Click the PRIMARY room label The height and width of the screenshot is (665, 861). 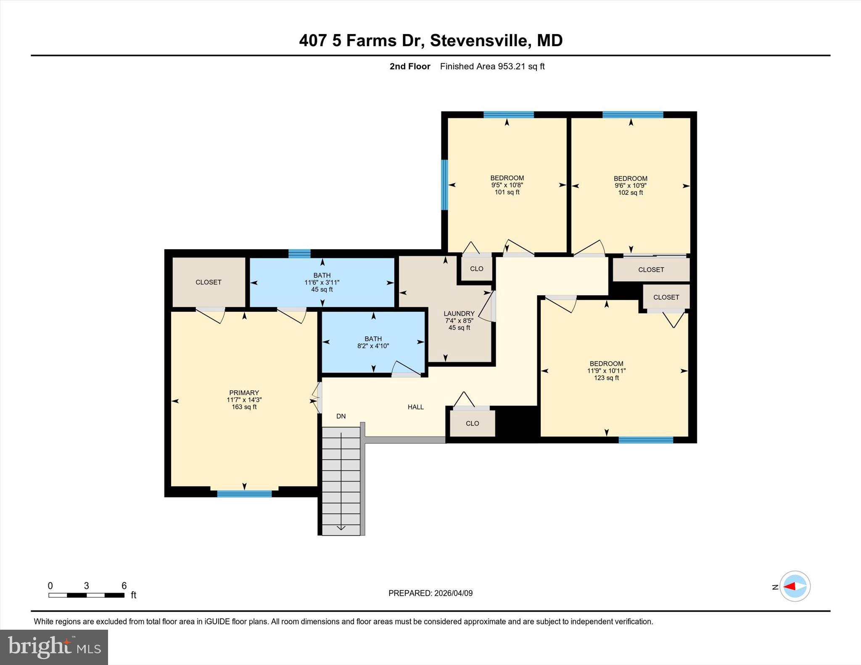tap(244, 393)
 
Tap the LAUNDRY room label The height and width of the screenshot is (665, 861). tap(459, 313)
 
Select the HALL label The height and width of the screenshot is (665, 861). tap(415, 407)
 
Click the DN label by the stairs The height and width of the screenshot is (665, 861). tap(341, 416)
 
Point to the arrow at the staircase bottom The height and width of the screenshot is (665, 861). tap(341, 527)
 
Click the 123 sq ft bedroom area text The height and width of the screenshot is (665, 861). tap(606, 378)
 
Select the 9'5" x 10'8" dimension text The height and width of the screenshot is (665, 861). tap(507, 185)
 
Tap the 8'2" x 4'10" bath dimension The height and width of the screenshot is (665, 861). tap(373, 346)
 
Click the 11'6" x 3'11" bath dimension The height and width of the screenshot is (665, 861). tap(322, 283)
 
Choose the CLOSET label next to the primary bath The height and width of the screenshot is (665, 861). tap(209, 282)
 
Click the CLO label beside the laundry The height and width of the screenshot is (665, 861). tap(476, 269)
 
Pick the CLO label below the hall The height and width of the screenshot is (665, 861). tap(472, 423)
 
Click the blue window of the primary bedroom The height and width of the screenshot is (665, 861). tap(244, 494)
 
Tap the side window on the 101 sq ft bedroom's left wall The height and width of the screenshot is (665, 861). tap(444, 185)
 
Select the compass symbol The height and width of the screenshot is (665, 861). tap(795, 586)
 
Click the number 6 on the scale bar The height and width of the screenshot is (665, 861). tap(124, 586)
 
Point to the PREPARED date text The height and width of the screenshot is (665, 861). tap(430, 593)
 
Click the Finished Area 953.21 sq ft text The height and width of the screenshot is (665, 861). tap(492, 66)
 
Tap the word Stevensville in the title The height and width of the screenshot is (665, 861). tap(478, 41)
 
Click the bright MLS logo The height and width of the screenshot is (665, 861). tap(54, 647)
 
